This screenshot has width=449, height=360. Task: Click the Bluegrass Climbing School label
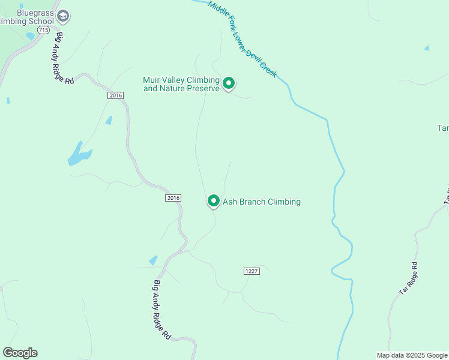(30, 17)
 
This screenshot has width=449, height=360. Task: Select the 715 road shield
(43, 29)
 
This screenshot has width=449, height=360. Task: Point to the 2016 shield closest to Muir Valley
(116, 95)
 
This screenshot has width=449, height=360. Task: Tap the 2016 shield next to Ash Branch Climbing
(173, 198)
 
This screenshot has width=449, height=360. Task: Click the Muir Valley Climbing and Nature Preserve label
(181, 84)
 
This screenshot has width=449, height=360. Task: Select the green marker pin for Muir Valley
(228, 83)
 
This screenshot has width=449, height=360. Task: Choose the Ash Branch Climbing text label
(262, 202)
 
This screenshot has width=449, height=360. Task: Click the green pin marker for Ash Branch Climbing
(213, 201)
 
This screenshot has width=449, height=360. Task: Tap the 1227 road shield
(252, 271)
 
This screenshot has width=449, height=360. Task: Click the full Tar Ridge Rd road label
(409, 278)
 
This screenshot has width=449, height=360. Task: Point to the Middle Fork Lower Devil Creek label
(243, 38)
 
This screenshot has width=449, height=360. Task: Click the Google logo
(20, 353)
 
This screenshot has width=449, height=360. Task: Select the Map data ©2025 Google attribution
(412, 355)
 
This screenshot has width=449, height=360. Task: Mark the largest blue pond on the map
(79, 154)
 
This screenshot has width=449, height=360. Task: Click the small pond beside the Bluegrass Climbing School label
(30, 36)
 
